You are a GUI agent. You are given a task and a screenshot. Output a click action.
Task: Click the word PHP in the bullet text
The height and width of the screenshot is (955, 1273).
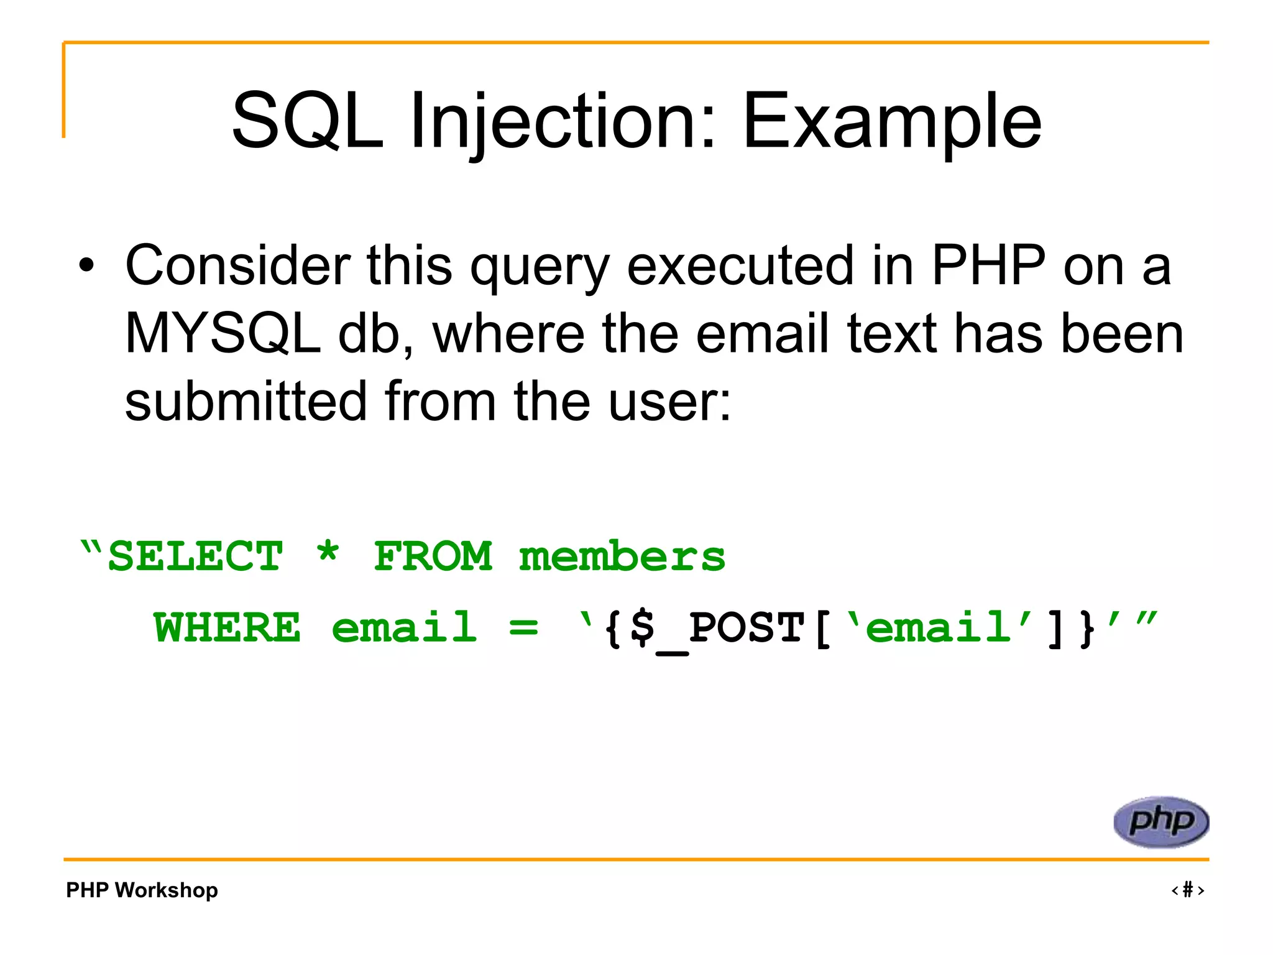point(988,266)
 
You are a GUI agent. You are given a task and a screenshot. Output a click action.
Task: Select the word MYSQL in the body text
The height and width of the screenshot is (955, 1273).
point(222,334)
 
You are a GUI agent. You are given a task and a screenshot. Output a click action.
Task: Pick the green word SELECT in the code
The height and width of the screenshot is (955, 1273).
point(195,556)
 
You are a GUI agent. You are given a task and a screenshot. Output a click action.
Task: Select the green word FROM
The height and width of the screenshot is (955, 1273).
point(433,556)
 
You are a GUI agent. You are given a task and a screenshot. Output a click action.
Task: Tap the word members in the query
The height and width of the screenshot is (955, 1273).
point(622,556)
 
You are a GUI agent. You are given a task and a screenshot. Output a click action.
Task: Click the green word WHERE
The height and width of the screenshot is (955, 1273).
point(227,628)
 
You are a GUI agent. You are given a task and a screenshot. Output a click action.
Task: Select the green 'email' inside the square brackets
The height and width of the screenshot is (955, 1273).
point(939,627)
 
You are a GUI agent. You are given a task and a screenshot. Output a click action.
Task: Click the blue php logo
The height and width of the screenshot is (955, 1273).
point(1160,822)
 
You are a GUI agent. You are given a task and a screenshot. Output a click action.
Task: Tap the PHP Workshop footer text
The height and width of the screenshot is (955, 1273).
point(142,890)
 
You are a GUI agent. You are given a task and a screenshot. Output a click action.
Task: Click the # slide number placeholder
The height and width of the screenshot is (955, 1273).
point(1187,890)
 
